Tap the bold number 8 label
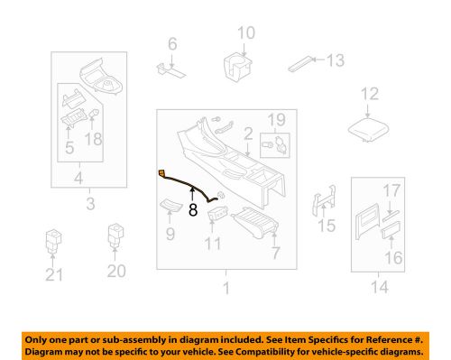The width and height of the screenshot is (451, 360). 193,211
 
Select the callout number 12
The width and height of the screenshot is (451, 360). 371,93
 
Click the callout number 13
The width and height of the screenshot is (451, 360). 336,60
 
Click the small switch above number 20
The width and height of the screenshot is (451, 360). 116,237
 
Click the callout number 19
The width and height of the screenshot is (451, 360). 276,117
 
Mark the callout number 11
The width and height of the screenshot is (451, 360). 214,245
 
